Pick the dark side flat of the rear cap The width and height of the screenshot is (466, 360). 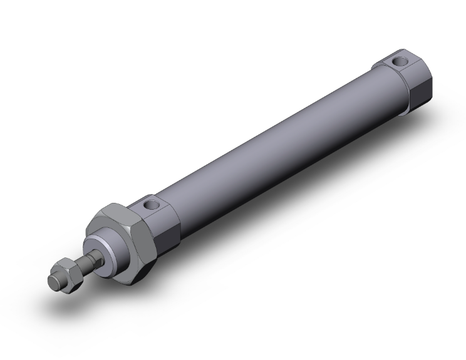pyautogui.click(x=418, y=88)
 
